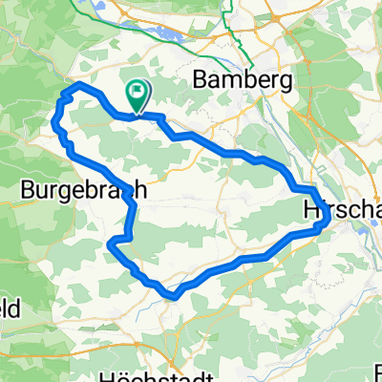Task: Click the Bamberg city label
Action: (x=242, y=81)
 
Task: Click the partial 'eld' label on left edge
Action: (x=11, y=308)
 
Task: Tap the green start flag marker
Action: (x=138, y=94)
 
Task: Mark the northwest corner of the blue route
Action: (x=65, y=91)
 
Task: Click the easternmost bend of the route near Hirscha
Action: (x=329, y=219)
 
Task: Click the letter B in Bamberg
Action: (x=201, y=81)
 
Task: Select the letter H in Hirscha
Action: (x=310, y=208)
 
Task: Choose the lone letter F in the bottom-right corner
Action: (x=376, y=370)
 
